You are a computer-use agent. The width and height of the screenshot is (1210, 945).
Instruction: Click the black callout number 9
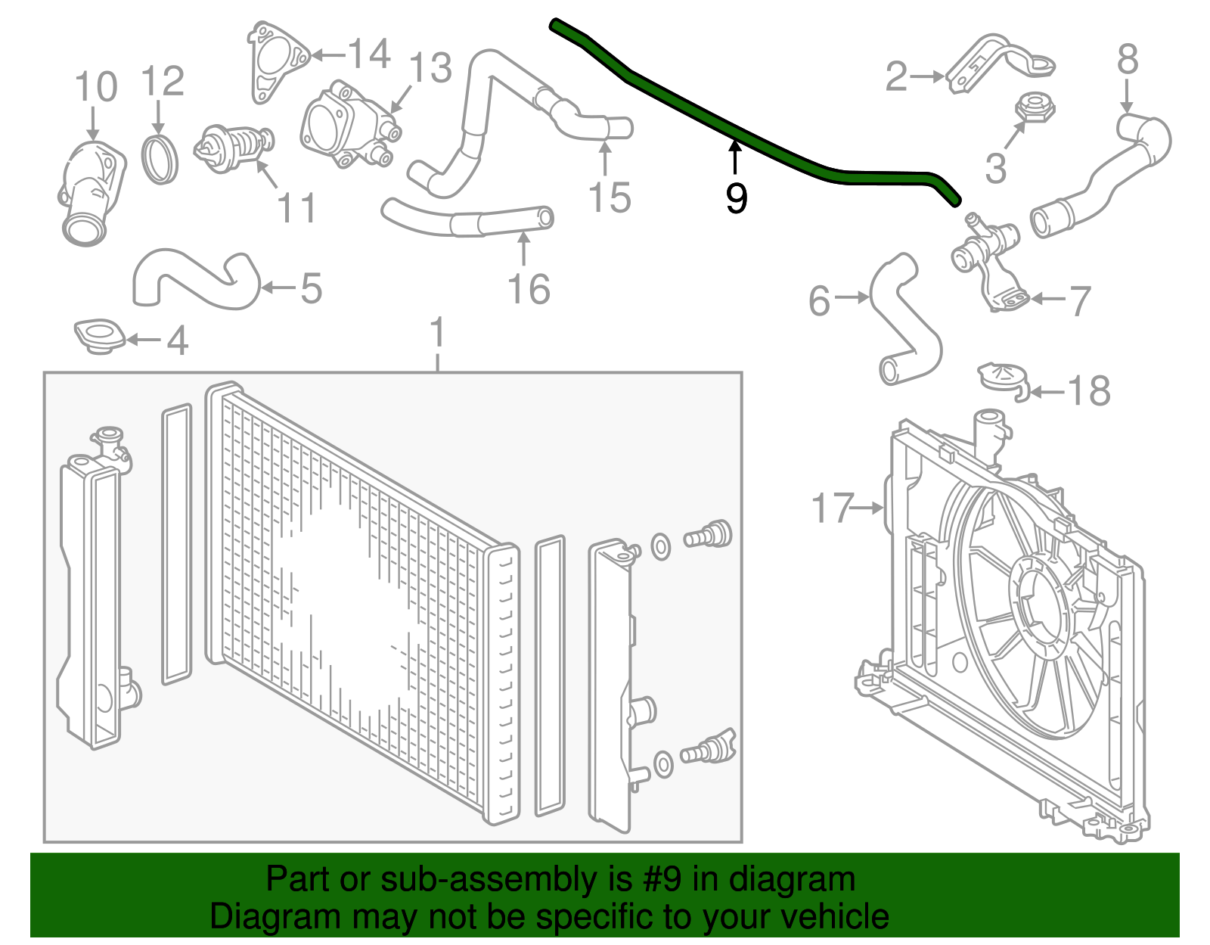[736, 198]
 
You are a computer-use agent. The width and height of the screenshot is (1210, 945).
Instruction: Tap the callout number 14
[368, 54]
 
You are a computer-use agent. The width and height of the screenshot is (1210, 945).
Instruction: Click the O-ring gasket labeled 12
[160, 160]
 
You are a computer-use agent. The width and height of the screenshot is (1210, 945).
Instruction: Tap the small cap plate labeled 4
[99, 336]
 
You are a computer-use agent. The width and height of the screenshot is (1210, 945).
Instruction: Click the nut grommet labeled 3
[1034, 107]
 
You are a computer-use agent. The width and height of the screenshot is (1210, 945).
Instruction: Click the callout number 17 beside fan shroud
[832, 508]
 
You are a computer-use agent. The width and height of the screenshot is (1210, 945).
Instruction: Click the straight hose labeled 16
[469, 221]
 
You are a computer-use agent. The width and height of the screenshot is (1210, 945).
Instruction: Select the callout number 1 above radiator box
[437, 334]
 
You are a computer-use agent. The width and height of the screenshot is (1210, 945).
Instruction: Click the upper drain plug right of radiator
[709, 535]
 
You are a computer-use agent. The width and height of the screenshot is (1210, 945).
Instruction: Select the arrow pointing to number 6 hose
[852, 297]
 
